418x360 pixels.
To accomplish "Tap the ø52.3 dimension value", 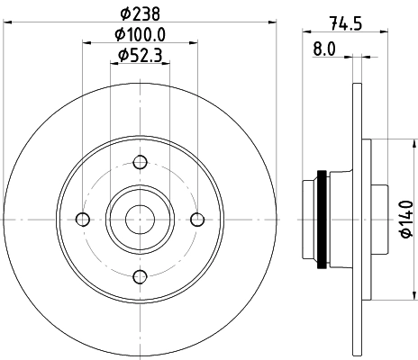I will click(x=140, y=56).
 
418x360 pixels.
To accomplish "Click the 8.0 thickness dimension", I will click(x=323, y=49).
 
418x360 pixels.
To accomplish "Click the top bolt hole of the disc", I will click(x=140, y=162).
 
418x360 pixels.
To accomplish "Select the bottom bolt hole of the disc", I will click(x=140, y=276).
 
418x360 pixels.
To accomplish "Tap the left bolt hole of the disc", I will click(x=83, y=220).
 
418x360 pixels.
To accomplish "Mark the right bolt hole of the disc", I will click(x=197, y=220).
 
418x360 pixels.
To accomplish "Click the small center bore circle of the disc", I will click(x=140, y=219).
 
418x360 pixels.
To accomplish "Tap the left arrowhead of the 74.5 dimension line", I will click(x=304, y=35).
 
